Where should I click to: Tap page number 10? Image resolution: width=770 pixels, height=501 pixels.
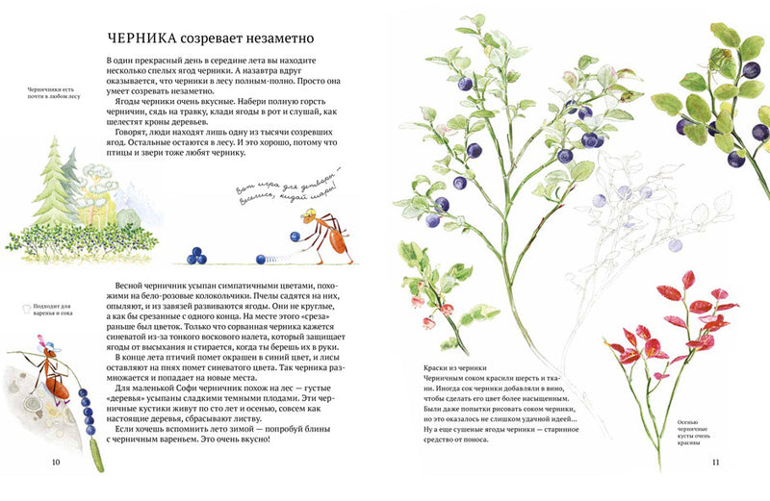56,463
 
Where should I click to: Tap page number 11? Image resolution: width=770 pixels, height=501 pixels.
715,463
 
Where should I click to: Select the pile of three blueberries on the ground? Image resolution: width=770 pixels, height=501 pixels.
196,255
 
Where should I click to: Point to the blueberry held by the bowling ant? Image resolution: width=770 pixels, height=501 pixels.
295,237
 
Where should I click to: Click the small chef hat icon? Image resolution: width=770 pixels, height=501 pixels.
17,309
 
